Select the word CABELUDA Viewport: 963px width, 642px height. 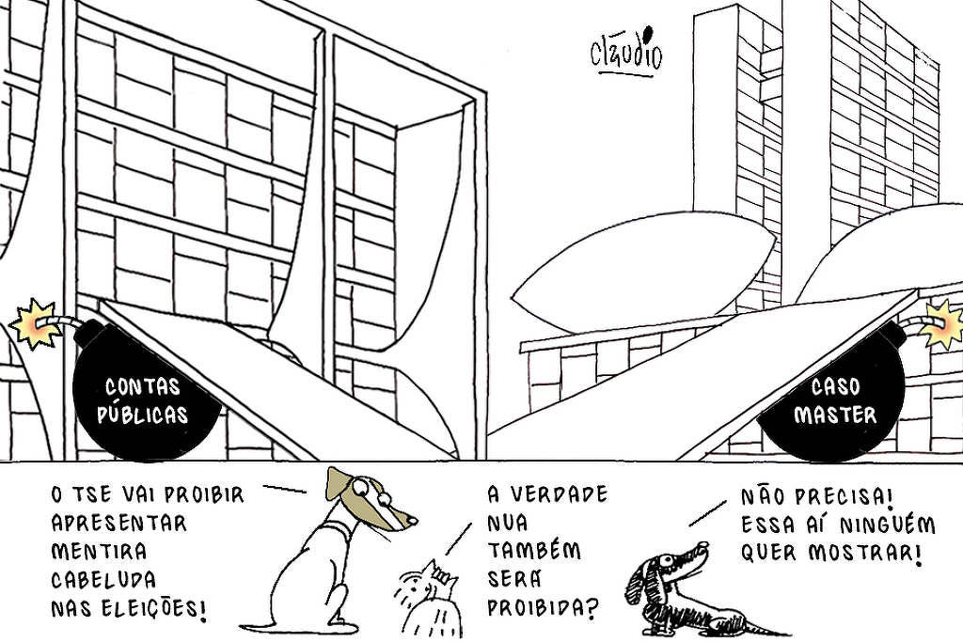point(103,580)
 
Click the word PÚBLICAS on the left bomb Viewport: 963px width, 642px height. point(143,415)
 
